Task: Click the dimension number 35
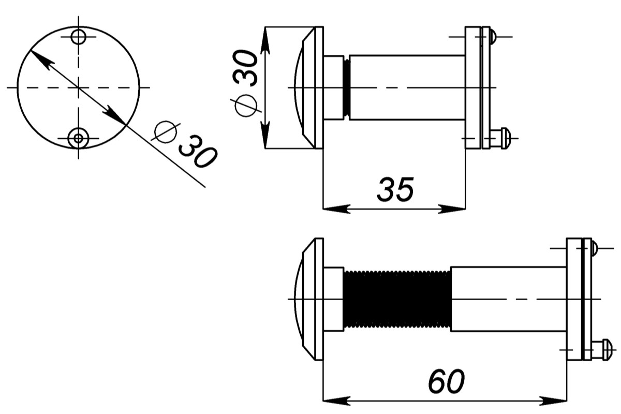395,189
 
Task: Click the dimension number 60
446,381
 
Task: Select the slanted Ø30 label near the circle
184,144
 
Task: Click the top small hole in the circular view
79,37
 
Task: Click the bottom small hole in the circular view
79,138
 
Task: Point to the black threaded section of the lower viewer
397,299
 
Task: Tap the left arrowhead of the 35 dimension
336,209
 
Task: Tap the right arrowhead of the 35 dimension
452,209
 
